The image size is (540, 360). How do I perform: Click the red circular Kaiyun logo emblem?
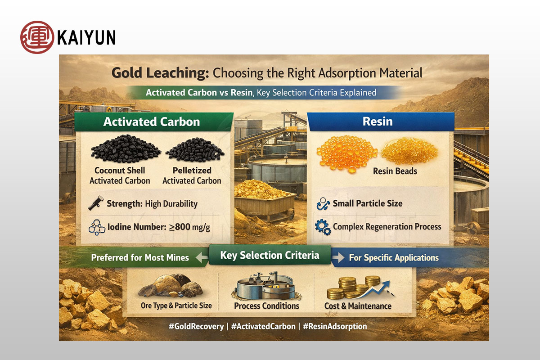(x=37, y=37)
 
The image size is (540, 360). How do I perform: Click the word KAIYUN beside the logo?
(x=86, y=37)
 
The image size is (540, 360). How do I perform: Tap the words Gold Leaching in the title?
(x=160, y=73)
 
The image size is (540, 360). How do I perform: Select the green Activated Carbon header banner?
(x=154, y=122)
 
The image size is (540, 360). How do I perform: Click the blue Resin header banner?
(x=380, y=121)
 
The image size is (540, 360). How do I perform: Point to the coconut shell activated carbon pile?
(x=126, y=148)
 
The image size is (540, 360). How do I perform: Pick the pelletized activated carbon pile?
(x=195, y=149)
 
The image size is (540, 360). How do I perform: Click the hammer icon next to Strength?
(x=96, y=203)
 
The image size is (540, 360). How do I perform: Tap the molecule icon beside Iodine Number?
(x=97, y=227)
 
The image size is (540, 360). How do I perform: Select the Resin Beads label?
(x=395, y=171)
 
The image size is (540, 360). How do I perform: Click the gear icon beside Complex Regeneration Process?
(x=323, y=227)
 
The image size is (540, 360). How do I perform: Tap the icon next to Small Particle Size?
(x=323, y=204)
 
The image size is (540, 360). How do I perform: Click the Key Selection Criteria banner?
(x=270, y=255)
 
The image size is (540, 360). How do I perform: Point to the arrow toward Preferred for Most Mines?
(x=202, y=257)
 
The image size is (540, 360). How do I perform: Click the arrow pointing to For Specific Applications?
(x=338, y=257)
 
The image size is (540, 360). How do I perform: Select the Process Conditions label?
(x=266, y=306)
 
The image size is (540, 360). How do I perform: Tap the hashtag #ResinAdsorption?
(x=335, y=326)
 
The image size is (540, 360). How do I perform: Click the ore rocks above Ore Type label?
(x=171, y=286)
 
